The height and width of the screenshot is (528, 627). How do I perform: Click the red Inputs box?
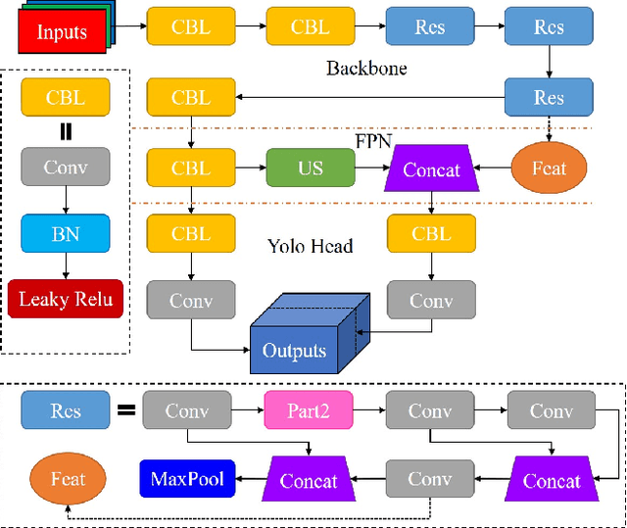pos(62,30)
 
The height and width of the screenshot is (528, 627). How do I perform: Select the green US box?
pos(311,168)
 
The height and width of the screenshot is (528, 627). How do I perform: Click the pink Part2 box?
pos(309,411)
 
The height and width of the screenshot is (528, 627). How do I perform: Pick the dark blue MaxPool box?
pos(187,479)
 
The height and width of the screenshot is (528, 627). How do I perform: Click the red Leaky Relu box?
pos(66,298)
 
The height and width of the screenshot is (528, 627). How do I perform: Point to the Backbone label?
pos(366,69)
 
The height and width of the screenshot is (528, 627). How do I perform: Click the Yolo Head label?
pos(310,247)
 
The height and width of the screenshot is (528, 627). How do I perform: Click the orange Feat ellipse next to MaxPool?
pos(69,479)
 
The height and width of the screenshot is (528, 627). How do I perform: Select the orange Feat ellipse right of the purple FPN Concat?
pos(550,168)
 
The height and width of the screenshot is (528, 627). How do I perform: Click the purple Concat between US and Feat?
pos(431,169)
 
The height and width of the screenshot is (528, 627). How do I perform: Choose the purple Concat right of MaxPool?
pos(309,480)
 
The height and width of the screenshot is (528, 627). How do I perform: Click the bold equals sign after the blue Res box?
pos(126,411)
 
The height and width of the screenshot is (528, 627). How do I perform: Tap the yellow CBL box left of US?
pos(190,168)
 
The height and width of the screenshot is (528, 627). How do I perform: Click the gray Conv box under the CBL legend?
pos(66,168)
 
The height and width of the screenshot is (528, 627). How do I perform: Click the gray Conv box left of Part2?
pos(187,411)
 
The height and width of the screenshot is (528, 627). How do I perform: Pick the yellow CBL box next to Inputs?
pos(190,27)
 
